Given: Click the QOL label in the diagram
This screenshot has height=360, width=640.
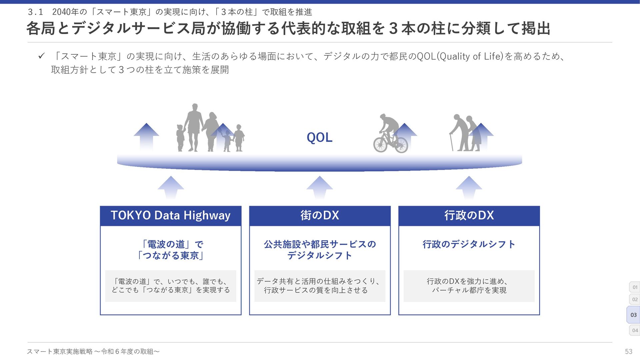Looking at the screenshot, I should click(x=319, y=137).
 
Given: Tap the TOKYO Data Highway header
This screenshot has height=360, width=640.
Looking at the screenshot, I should click(x=170, y=216).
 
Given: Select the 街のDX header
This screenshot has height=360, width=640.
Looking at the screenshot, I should click(x=320, y=216).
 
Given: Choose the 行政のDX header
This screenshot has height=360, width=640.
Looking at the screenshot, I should click(x=469, y=216).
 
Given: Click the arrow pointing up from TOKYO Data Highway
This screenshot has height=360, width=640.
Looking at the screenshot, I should click(x=171, y=187).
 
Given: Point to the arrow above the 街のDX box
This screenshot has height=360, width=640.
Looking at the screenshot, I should click(x=320, y=187).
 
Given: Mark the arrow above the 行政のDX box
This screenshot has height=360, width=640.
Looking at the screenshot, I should click(x=469, y=187).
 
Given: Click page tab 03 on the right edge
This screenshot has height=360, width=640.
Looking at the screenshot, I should click(x=633, y=315).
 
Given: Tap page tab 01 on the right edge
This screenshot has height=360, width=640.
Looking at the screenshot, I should click(x=635, y=287).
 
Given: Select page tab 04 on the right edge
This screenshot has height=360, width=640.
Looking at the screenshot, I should click(x=635, y=330).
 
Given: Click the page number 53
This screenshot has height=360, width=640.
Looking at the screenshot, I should click(x=628, y=351).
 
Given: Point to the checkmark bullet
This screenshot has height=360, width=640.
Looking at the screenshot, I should click(x=41, y=56).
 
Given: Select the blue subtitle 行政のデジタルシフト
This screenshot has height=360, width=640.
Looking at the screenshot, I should click(x=469, y=244).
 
